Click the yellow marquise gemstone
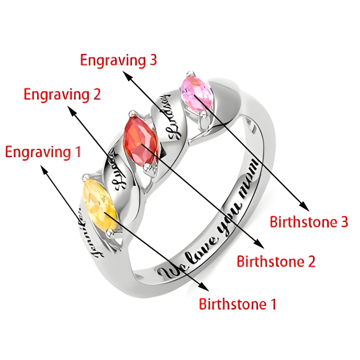[100, 204]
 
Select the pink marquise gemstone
[196, 91]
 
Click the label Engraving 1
[43, 152]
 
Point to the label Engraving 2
[62, 94]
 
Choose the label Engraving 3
[118, 60]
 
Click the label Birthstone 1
[237, 304]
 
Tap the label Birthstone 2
[276, 261]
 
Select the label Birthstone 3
[309, 222]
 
